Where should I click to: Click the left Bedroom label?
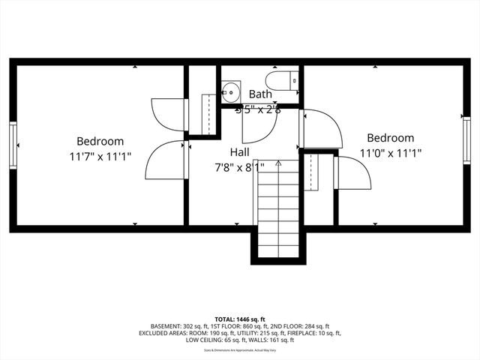point(100,141)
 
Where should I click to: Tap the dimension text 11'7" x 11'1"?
point(100,156)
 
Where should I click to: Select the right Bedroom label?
point(390,138)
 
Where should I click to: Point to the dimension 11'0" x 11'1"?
point(390,153)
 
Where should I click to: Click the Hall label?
point(240,152)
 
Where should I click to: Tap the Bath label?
point(260,94)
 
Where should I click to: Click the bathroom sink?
point(230,93)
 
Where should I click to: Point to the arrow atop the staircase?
point(278,162)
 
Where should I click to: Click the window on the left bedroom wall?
point(12,144)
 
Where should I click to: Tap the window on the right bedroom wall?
point(466,139)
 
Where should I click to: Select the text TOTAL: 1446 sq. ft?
point(240,318)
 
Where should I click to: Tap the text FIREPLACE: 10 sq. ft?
point(313,333)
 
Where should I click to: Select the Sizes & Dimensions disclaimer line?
point(240,349)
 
